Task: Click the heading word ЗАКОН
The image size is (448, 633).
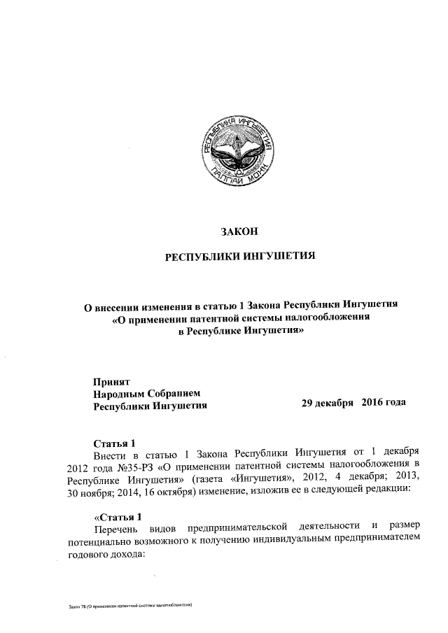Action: (x=240, y=232)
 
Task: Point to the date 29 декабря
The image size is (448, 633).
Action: (x=328, y=404)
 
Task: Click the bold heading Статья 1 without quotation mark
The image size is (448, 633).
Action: (x=115, y=441)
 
